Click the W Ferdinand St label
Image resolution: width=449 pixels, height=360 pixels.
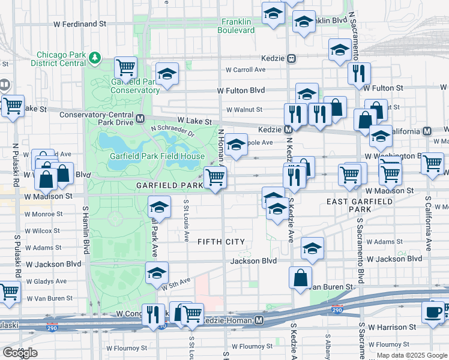coord(79,25)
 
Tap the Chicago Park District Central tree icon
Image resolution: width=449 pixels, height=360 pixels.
coord(95,58)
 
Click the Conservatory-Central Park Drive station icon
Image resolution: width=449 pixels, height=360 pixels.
coord(140,119)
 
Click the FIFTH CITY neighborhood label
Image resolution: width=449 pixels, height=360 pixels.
coord(221,241)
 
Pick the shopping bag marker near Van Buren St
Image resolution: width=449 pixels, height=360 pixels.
coord(300,278)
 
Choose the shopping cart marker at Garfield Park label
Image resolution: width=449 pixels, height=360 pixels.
coord(215,178)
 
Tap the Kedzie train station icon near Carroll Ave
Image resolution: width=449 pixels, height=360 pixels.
coord(291,59)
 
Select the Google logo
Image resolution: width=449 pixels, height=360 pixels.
coord(20,352)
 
